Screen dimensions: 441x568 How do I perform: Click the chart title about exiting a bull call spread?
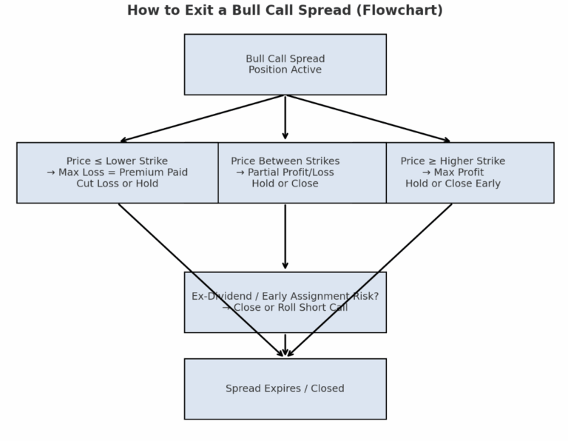[285, 10]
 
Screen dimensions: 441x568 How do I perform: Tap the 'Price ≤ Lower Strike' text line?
[117, 161]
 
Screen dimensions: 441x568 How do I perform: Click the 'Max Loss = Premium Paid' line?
[117, 172]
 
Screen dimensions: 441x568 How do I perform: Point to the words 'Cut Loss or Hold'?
[117, 184]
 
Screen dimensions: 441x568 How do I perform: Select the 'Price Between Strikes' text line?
[285, 161]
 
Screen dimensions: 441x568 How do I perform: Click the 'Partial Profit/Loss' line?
[285, 172]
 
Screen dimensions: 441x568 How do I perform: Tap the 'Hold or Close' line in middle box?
[285, 184]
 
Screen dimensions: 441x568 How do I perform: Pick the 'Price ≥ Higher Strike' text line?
[453, 161]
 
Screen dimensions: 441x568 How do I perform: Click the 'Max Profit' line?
[453, 172]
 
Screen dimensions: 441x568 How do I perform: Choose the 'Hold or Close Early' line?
[453, 184]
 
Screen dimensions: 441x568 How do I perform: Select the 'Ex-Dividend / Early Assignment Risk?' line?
[285, 297]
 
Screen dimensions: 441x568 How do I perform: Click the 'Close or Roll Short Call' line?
[285, 308]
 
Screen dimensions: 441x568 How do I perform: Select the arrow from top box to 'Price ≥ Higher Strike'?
[368, 118]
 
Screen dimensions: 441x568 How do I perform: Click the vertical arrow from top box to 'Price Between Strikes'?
[285, 118]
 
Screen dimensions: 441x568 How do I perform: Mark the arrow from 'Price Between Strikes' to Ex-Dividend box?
[285, 237]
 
